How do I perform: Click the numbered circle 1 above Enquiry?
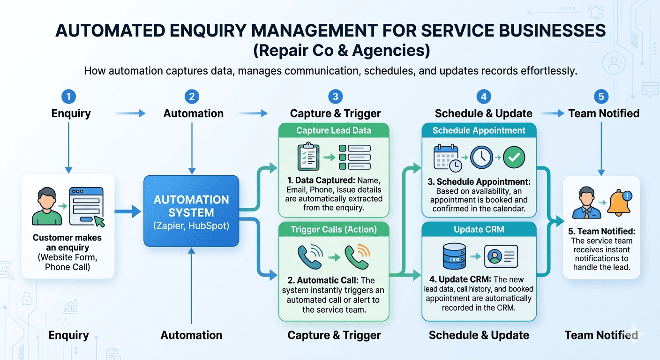tap(68, 97)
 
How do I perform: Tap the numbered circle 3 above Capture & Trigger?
tap(335, 97)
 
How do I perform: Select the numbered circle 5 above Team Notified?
tap(601, 97)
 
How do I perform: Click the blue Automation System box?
tap(191, 211)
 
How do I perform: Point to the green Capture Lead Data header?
tap(334, 131)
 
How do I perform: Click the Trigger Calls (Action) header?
tap(334, 229)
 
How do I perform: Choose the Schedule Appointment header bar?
tap(479, 131)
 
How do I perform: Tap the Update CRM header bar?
tap(479, 229)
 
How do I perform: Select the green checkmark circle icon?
tap(514, 157)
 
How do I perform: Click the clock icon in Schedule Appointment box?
tap(481, 157)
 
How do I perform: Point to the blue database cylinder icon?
tap(454, 256)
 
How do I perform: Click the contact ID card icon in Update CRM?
tap(501, 256)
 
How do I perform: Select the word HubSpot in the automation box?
tap(209, 225)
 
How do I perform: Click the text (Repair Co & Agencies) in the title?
tap(341, 50)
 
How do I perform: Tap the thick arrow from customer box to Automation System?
tap(128, 211)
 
